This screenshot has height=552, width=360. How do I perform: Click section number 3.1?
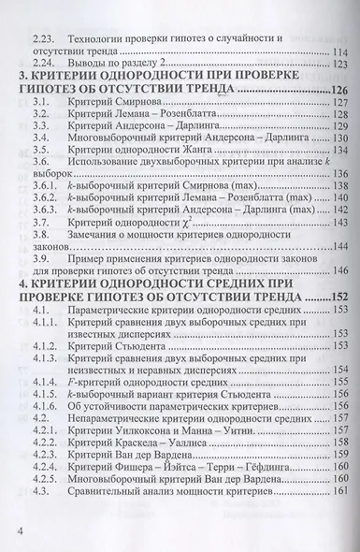40,102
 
